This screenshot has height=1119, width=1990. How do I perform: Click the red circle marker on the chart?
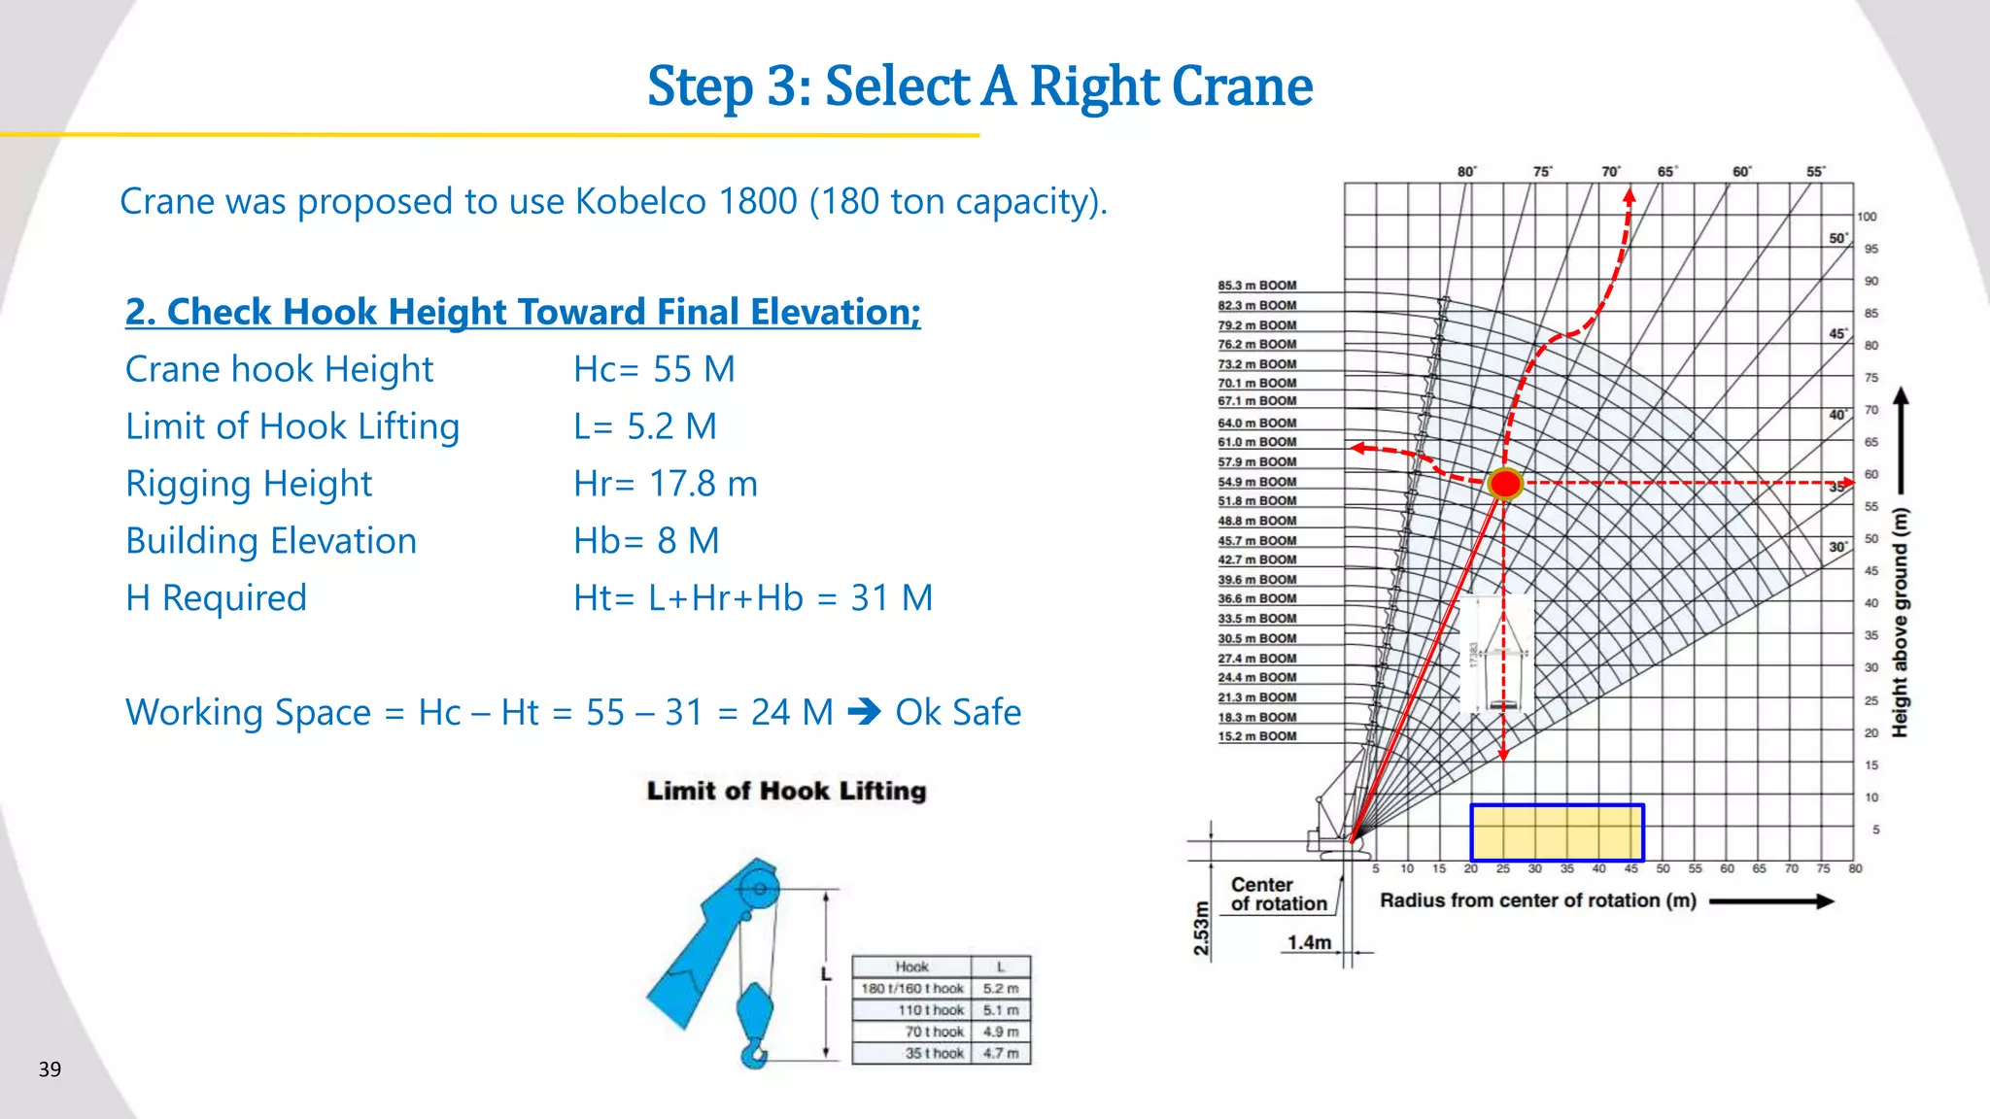click(x=1505, y=483)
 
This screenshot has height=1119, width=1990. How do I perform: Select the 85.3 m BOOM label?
click(x=1256, y=286)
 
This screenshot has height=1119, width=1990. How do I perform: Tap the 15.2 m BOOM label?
click(x=1256, y=736)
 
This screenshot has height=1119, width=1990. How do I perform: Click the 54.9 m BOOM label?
click(x=1256, y=482)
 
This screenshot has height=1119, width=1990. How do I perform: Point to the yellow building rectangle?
click(x=1557, y=832)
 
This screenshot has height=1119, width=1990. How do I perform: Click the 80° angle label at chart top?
click(x=1466, y=172)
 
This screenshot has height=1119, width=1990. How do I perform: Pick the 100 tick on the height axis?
click(x=1867, y=217)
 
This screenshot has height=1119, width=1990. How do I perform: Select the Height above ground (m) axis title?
click(x=1901, y=622)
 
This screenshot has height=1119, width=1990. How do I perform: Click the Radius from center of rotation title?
click(x=1537, y=900)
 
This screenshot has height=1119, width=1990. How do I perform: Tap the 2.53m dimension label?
click(x=1202, y=929)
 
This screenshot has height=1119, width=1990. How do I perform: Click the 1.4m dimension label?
click(x=1309, y=942)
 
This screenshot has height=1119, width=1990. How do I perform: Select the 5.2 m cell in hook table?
click(x=1000, y=989)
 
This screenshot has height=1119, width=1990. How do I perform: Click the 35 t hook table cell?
click(x=934, y=1053)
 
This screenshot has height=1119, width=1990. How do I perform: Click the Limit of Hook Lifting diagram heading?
click(x=786, y=791)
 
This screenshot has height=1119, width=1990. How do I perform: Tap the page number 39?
click(x=50, y=1069)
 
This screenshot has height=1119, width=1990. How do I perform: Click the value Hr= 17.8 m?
click(x=666, y=484)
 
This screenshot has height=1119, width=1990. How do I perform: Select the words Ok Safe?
click(x=957, y=712)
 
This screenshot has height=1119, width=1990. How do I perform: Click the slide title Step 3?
click(x=979, y=86)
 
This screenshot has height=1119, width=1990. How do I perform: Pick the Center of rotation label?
click(x=1278, y=894)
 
